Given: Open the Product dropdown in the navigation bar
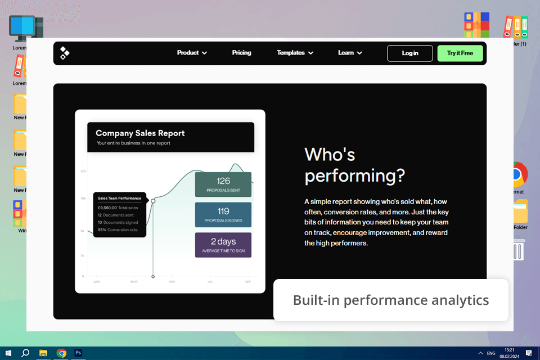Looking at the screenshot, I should (x=192, y=53).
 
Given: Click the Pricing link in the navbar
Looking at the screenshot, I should (x=241, y=53).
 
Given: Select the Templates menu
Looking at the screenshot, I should (x=295, y=53).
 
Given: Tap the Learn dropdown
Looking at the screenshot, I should (x=350, y=53).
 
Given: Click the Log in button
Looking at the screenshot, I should (x=409, y=53).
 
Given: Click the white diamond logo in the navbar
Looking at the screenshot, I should (x=65, y=53).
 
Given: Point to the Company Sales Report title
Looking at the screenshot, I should (x=140, y=133).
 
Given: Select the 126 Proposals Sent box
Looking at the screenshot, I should (x=223, y=184).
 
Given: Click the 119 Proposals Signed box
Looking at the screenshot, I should (x=223, y=215).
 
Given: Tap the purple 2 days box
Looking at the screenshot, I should (x=223, y=245).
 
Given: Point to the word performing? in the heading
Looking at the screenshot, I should (x=354, y=175).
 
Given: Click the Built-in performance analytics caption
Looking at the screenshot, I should (x=391, y=300).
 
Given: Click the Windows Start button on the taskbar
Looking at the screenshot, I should (x=8, y=353).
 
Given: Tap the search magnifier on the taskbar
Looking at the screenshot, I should (x=25, y=353).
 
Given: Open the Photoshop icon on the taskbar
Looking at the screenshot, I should (x=79, y=353).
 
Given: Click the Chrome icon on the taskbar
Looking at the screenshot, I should (x=61, y=353).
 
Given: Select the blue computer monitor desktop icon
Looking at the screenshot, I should (x=25, y=28).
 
